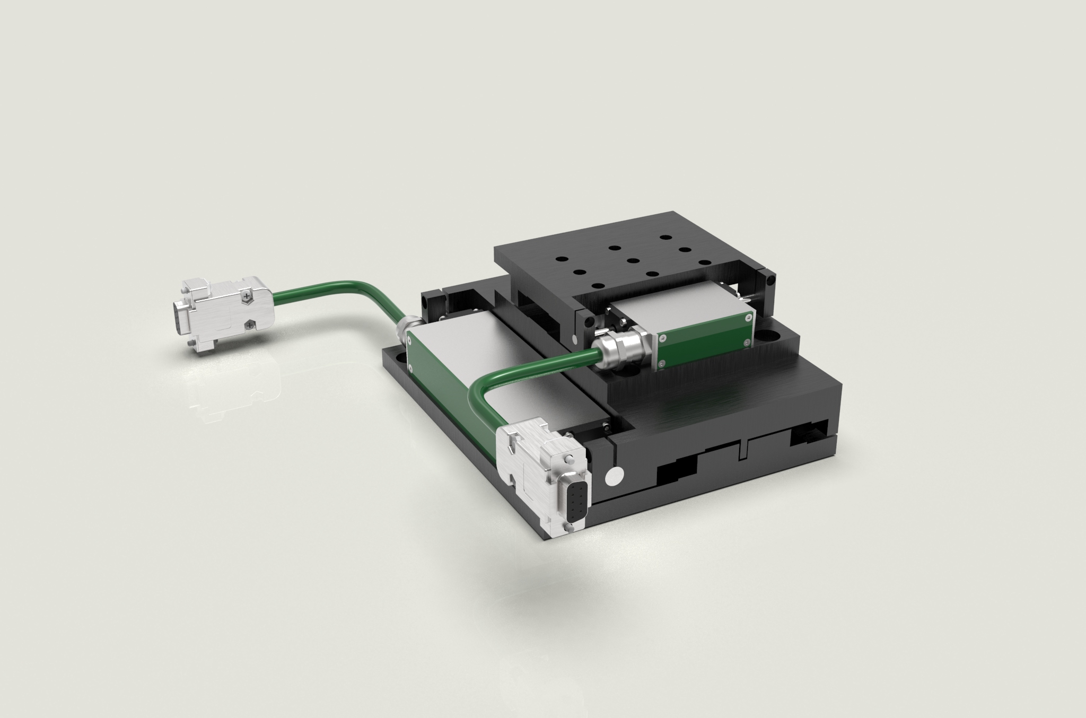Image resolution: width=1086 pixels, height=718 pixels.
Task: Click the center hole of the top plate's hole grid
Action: tap(632, 260)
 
